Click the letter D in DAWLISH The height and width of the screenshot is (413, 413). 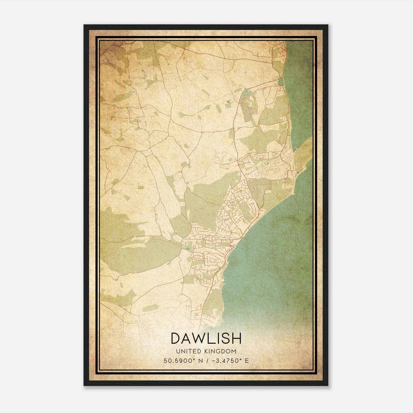[x=176, y=338]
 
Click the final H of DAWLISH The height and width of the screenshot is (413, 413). [x=237, y=338]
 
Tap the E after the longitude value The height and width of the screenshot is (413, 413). [x=247, y=361]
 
